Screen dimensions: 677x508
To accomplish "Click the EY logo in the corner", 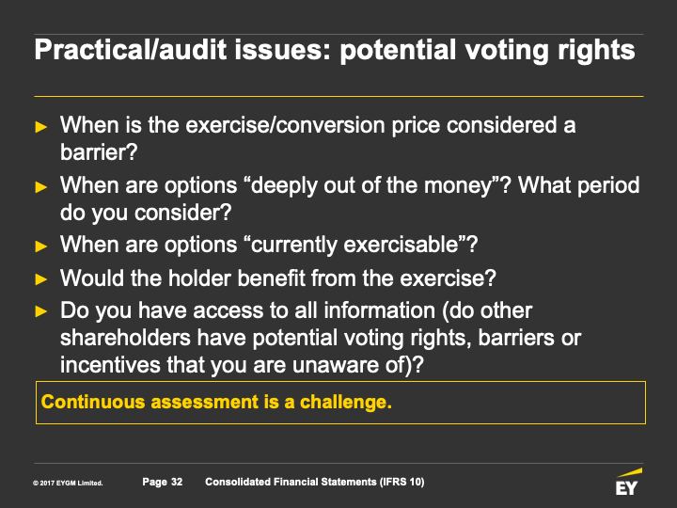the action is (x=629, y=482).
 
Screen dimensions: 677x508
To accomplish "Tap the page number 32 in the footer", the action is (x=177, y=482).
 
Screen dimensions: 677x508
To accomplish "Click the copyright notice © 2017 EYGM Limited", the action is (x=68, y=483).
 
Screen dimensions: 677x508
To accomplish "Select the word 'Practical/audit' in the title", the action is (x=131, y=50).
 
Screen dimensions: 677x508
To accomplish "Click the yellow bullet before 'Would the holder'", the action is (x=41, y=279).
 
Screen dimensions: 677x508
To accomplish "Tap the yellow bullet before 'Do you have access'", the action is (x=41, y=311).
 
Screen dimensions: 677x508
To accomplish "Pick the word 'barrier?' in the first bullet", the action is (x=99, y=152).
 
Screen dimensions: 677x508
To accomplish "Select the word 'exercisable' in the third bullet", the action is (x=401, y=245).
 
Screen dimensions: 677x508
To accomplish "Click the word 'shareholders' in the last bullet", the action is (x=125, y=338).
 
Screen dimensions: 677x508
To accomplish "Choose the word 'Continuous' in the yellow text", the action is (x=93, y=402).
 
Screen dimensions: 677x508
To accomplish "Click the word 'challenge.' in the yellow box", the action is (x=346, y=403).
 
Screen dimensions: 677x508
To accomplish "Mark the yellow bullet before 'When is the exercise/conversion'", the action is (x=41, y=127).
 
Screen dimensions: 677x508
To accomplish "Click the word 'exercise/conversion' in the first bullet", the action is (x=286, y=125).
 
